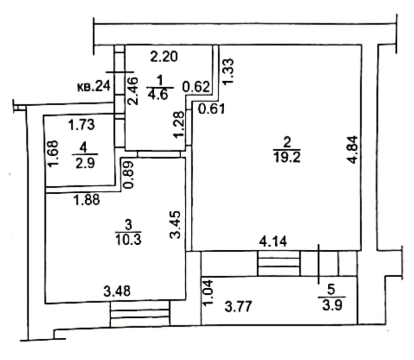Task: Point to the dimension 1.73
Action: [x=82, y=124]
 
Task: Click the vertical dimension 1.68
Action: [x=53, y=154]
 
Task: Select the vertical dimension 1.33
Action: [x=229, y=70]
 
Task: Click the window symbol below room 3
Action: [x=139, y=314]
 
